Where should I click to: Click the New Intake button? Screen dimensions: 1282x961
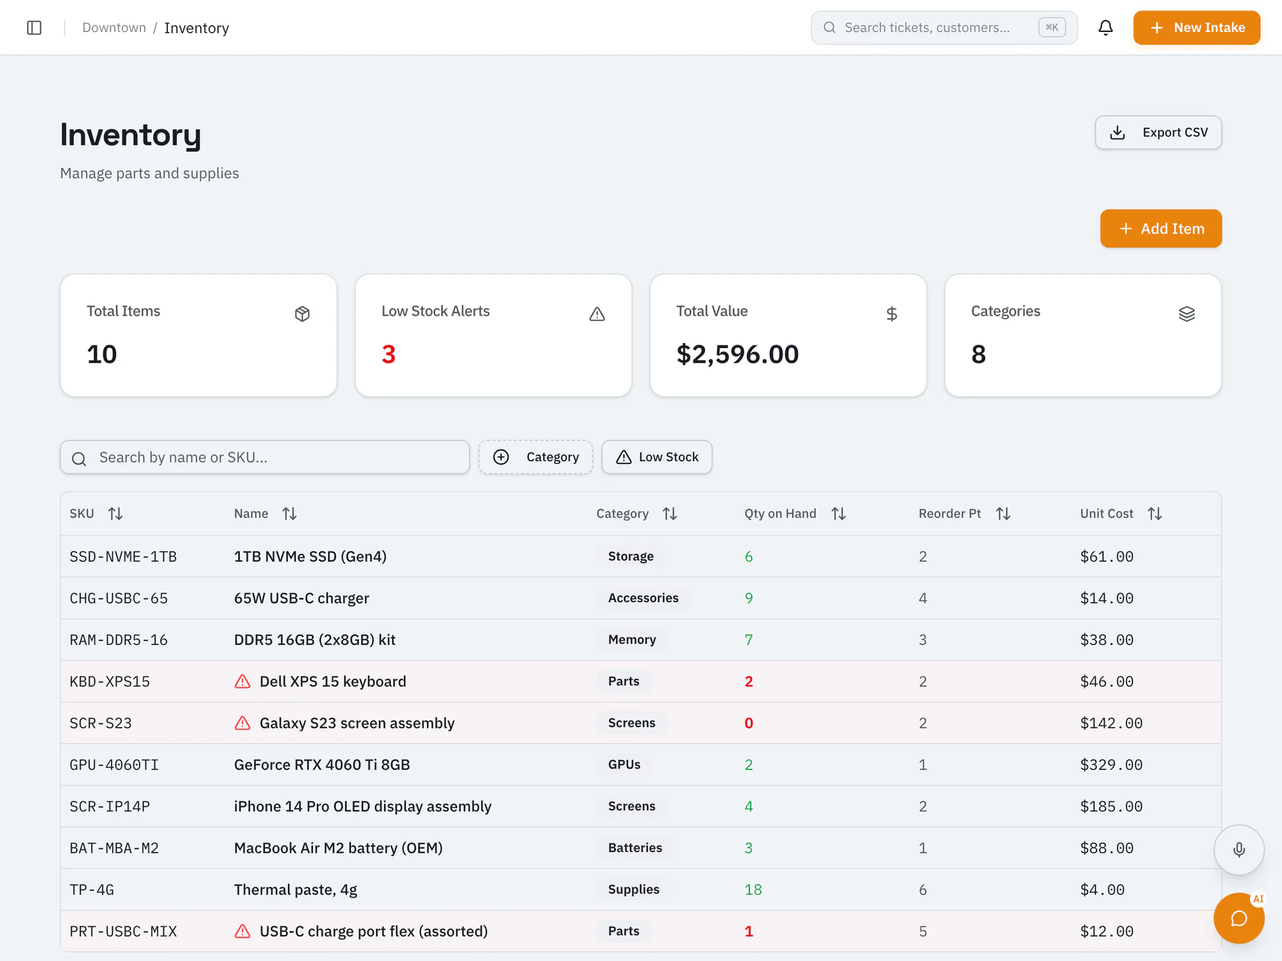pyautogui.click(x=1196, y=28)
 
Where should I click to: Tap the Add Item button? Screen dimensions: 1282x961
pyautogui.click(x=1161, y=229)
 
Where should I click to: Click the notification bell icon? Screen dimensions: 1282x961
pyautogui.click(x=1105, y=28)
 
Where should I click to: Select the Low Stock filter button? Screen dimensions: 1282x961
pyautogui.click(x=657, y=457)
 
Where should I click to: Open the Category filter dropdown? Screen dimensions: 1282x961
pyautogui.click(x=536, y=457)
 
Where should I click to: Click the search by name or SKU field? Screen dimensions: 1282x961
pyautogui.click(x=265, y=457)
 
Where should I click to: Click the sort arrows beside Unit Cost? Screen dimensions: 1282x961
pyautogui.click(x=1154, y=514)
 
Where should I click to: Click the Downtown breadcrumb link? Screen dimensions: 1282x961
pyautogui.click(x=114, y=28)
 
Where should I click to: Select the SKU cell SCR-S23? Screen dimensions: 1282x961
pyautogui.click(x=101, y=723)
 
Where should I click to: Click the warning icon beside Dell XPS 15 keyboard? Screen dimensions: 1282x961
pyautogui.click(x=242, y=682)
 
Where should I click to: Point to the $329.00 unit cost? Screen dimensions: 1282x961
pyautogui.click(x=1111, y=765)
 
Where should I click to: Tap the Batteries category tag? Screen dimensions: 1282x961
pyautogui.click(x=635, y=848)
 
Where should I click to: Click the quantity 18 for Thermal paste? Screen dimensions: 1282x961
pyautogui.click(x=753, y=890)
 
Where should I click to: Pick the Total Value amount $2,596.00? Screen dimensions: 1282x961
pyautogui.click(x=738, y=354)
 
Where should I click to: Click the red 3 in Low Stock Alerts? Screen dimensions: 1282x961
pyautogui.click(x=388, y=354)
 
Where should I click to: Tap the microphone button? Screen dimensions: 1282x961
pyautogui.click(x=1239, y=850)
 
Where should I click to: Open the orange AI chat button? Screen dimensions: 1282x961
pyautogui.click(x=1239, y=918)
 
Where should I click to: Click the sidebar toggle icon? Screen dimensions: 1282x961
pyautogui.click(x=35, y=28)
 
